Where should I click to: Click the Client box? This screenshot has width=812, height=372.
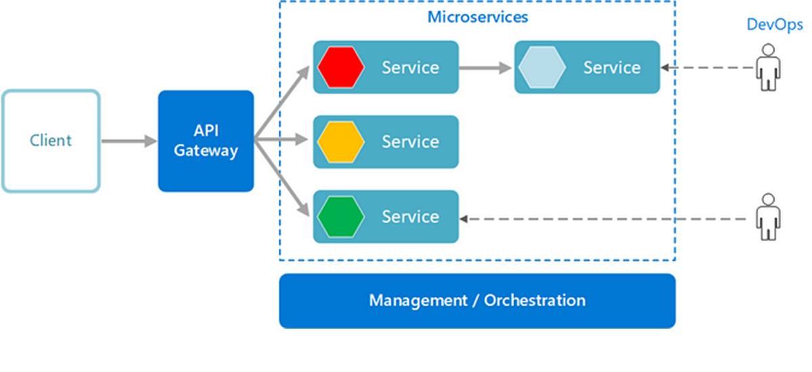[51, 141]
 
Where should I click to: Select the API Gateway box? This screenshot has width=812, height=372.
[206, 141]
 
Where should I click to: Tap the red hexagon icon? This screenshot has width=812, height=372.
[341, 67]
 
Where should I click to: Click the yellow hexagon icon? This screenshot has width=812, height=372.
[341, 142]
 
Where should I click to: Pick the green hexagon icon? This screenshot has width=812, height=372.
[341, 217]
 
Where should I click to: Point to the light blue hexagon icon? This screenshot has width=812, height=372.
[542, 67]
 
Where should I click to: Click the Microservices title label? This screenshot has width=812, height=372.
[478, 17]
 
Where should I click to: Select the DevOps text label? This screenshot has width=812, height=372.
[774, 25]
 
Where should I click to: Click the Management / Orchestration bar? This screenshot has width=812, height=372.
[477, 300]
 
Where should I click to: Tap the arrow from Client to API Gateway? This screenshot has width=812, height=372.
[129, 141]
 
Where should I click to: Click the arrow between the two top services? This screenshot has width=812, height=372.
[486, 67]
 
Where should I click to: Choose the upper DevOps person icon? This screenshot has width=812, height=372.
[767, 67]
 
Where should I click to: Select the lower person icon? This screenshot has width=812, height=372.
[767, 217]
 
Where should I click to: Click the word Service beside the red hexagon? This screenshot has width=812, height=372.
[410, 68]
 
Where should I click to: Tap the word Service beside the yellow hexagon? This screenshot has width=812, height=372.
[410, 142]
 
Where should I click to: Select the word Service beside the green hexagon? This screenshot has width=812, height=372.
[410, 217]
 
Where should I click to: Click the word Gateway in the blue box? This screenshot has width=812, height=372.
[206, 151]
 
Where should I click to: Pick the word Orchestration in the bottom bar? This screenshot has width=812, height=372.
[535, 300]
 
